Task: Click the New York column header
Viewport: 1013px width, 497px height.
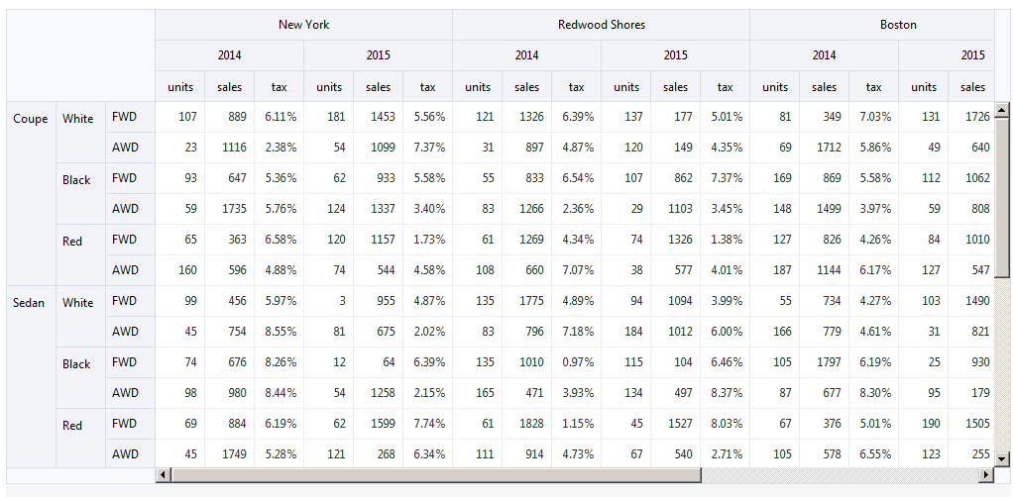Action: (x=303, y=25)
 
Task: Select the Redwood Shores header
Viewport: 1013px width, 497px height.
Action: (x=602, y=25)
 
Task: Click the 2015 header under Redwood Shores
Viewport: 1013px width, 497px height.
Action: (x=676, y=55)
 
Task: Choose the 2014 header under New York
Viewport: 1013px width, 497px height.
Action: (x=229, y=55)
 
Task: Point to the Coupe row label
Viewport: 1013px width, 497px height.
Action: (x=31, y=119)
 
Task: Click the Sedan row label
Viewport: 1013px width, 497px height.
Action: (x=29, y=303)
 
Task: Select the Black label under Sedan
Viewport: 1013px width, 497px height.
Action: (x=76, y=364)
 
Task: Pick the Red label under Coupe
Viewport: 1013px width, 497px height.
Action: (x=72, y=242)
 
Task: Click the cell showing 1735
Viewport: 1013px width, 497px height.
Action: (x=229, y=209)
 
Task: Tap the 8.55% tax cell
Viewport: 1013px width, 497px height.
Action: (x=280, y=332)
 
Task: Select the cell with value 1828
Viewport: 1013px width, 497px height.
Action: (x=527, y=424)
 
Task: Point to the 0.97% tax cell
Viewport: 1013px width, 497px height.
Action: (x=576, y=362)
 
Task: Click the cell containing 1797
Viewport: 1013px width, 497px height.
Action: (x=825, y=362)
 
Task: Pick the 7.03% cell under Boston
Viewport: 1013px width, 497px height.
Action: (x=873, y=117)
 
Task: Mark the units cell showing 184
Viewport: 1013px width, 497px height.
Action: (x=626, y=332)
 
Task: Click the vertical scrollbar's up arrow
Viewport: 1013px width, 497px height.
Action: (x=1002, y=110)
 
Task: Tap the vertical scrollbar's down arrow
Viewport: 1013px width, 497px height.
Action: (x=1002, y=459)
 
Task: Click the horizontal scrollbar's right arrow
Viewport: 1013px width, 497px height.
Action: (x=986, y=475)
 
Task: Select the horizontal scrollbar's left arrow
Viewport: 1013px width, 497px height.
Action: (x=163, y=475)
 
